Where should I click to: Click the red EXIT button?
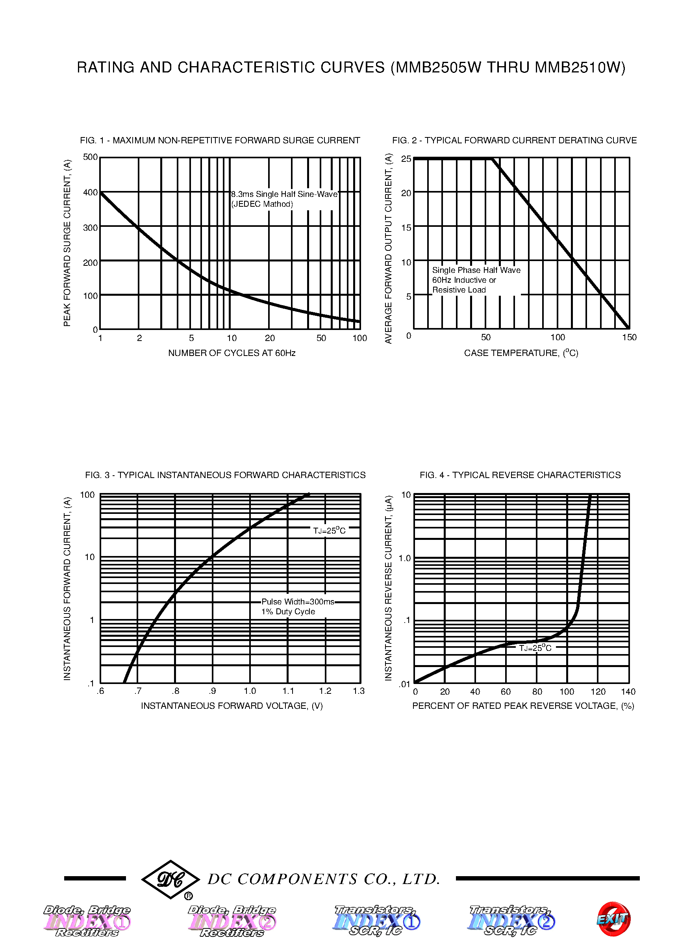click(x=613, y=919)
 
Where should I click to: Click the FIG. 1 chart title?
click(x=220, y=140)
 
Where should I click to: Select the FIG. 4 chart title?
click(x=520, y=475)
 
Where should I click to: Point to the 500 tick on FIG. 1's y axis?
click(x=90, y=157)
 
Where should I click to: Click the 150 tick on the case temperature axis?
click(x=629, y=337)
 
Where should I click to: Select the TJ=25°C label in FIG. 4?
click(x=535, y=647)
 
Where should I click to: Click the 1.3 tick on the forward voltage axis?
click(x=359, y=691)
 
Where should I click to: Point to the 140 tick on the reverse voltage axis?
click(x=628, y=692)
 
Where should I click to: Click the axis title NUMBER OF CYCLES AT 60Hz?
click(x=232, y=353)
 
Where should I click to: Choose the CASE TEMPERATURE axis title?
click(x=521, y=353)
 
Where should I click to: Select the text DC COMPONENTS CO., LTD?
click(x=324, y=879)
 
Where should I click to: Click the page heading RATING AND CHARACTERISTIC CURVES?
click(x=351, y=68)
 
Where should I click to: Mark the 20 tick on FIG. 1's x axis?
click(x=270, y=338)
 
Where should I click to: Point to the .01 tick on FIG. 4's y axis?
click(x=404, y=684)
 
